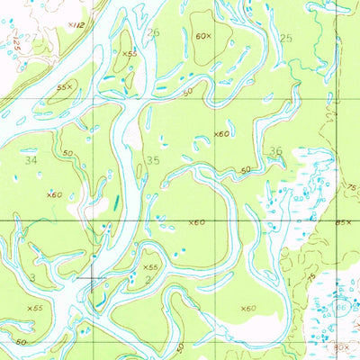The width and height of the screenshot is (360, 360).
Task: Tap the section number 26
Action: [153, 33]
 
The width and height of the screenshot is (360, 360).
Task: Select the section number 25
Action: [286, 38]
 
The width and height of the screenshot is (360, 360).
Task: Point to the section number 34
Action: [32, 159]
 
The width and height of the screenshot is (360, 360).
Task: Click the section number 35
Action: [152, 160]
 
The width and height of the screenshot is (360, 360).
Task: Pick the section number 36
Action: [275, 151]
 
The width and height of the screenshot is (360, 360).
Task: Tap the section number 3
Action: [31, 279]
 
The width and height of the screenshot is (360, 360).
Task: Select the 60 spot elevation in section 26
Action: [202, 38]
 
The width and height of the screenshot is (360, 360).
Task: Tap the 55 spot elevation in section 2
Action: [149, 267]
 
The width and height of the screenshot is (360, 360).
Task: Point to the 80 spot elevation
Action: [339, 345]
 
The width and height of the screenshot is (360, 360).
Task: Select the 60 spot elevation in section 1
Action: [247, 309]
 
